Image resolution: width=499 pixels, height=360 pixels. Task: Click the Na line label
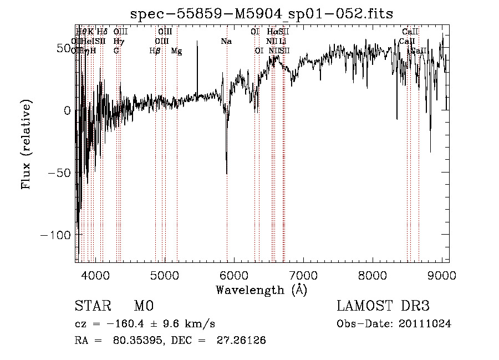[226, 42]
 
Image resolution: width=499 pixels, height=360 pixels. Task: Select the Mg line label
[176, 51]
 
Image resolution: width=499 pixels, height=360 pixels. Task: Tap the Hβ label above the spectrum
[155, 51]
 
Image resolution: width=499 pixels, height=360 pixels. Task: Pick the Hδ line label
[103, 32]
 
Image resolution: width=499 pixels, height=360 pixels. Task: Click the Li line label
[283, 41]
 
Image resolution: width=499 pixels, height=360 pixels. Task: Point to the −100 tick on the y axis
[55, 235]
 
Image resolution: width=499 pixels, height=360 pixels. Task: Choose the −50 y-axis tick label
[58, 173]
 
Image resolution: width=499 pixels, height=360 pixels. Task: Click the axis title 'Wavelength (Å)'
[261, 290]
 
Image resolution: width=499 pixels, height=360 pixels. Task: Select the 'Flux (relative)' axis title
[27, 144]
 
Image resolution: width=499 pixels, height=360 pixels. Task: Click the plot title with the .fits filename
[261, 13]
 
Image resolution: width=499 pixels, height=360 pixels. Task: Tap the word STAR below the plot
[92, 306]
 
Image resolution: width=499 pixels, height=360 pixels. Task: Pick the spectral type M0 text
[144, 306]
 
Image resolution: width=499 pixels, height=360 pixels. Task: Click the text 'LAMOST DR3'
[383, 306]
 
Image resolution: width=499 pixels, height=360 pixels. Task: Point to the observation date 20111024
[425, 324]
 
